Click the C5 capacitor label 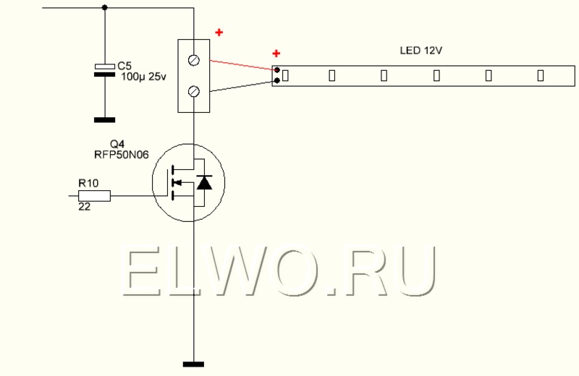124,66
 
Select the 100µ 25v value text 143,77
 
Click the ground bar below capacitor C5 104,120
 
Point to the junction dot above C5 104,7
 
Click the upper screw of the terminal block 194,60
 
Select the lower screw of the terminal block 194,91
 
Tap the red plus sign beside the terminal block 219,33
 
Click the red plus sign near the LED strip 276,54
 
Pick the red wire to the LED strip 243,65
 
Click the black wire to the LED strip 243,86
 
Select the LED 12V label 421,51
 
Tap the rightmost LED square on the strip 541,76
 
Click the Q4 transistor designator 117,144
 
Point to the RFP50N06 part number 122,154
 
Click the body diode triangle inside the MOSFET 204,183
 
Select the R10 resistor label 88,183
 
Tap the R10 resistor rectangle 95,196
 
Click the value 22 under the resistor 84,207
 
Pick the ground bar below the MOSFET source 193,364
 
